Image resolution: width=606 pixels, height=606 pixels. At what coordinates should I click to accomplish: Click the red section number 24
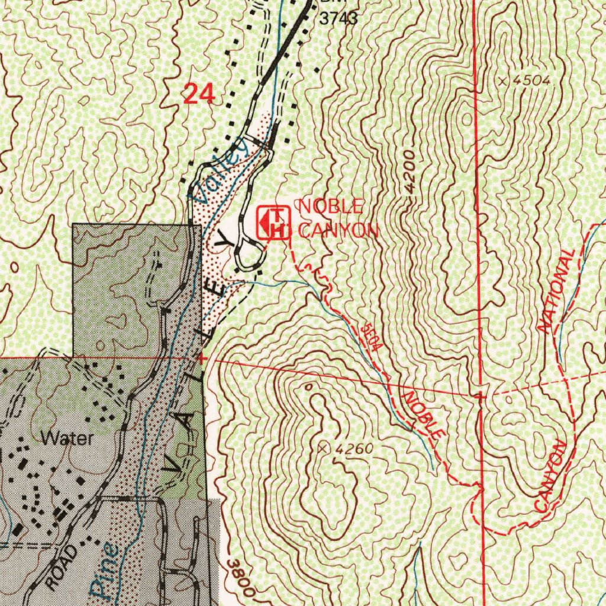click(x=198, y=94)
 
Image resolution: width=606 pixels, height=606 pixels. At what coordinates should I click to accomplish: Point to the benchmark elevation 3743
click(x=339, y=18)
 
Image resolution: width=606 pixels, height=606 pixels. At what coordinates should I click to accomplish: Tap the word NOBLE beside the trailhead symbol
click(x=330, y=207)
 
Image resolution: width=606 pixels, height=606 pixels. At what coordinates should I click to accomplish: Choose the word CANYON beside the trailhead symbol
click(x=338, y=230)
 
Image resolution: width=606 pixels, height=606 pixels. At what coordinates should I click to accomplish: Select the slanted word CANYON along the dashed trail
click(x=550, y=476)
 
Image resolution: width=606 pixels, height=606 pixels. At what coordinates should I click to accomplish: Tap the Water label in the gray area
click(x=67, y=439)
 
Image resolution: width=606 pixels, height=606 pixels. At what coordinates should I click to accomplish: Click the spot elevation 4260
click(x=353, y=449)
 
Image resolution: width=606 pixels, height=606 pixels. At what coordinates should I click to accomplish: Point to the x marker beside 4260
click(x=322, y=448)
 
